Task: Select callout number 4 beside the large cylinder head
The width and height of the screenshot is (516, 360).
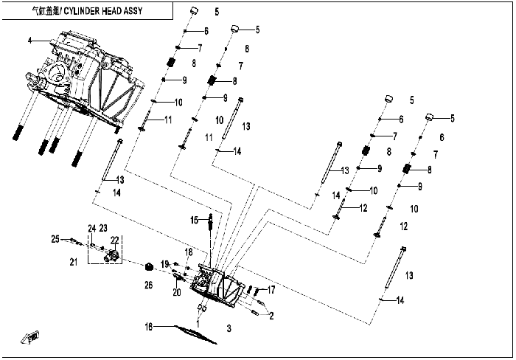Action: [x=30, y=41]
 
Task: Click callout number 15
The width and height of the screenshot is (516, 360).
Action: [x=194, y=220]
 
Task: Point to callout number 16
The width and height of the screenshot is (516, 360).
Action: [x=149, y=327]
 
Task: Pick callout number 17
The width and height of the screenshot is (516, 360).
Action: [x=271, y=290]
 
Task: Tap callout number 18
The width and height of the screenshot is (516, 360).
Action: [x=188, y=252]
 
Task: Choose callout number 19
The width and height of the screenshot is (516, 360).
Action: [x=165, y=264]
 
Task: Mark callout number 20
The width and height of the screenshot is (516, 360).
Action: [x=177, y=292]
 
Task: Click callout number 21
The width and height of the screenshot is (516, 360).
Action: [x=74, y=262]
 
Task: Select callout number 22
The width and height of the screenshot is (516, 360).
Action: [x=114, y=240]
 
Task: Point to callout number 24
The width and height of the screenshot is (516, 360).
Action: [x=92, y=228]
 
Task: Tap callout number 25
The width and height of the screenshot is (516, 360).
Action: [x=55, y=239]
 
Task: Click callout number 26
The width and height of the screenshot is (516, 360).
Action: [x=148, y=285]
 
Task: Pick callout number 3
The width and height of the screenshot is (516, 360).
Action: [x=229, y=328]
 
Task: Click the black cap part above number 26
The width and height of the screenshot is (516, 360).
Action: [x=150, y=266]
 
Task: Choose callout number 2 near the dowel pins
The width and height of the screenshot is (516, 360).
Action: [x=271, y=316]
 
